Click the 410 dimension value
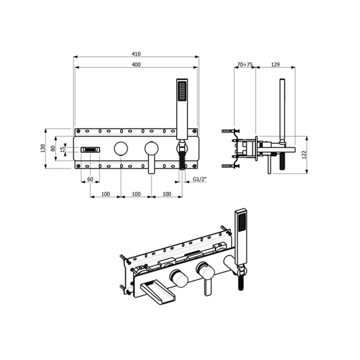click(136, 54)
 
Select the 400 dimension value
click(136, 65)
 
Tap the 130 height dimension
click(43, 148)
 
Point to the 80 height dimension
click(53, 148)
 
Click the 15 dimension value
click(62, 150)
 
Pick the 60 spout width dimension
click(90, 179)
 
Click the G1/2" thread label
click(200, 179)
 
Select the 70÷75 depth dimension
click(245, 65)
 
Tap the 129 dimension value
click(275, 65)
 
